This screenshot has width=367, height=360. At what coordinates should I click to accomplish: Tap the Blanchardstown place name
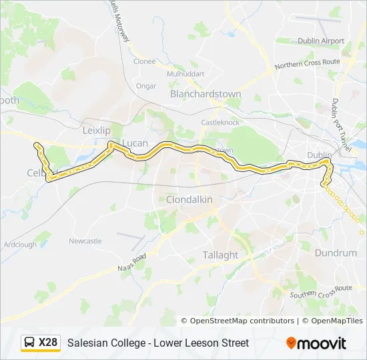click(x=205, y=95)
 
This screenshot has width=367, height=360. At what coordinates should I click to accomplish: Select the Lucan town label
click(x=135, y=143)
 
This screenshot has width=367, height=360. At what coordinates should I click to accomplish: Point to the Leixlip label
click(x=95, y=131)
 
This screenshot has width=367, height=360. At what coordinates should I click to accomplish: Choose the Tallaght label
click(x=220, y=255)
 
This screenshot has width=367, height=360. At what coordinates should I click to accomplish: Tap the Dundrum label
click(x=336, y=253)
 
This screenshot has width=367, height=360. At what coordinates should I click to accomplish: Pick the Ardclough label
click(x=20, y=245)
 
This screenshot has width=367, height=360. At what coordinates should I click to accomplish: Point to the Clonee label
click(x=144, y=61)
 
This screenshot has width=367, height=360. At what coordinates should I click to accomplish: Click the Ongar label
click(x=146, y=86)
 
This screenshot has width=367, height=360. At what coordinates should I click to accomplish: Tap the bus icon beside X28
click(x=29, y=343)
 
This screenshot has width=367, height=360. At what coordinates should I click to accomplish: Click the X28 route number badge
click(x=48, y=343)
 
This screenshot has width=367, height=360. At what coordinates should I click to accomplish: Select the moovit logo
click(x=316, y=343)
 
